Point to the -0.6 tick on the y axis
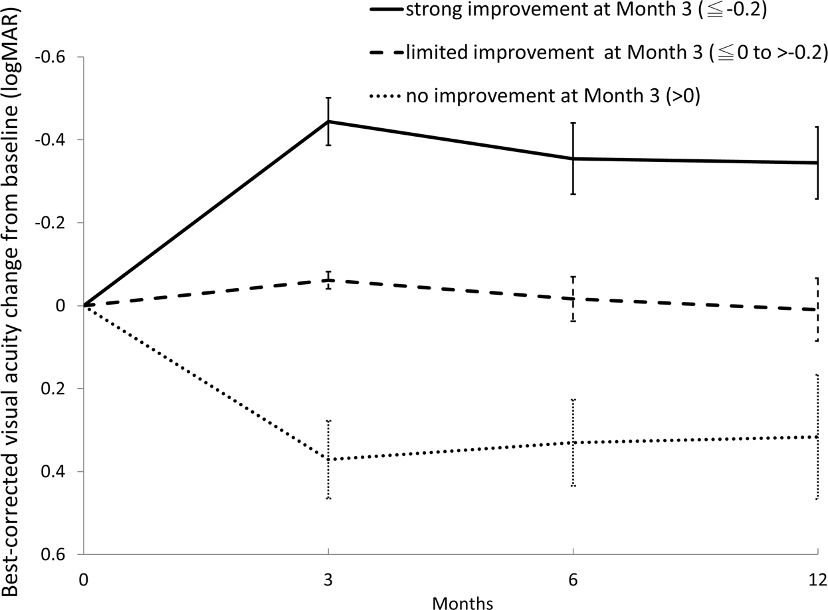coord(62,57)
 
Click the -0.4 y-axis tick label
coord(62,140)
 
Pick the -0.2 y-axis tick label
coord(62,223)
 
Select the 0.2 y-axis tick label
coord(64,388)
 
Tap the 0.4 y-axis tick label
coord(64,472)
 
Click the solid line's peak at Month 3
coord(328,121)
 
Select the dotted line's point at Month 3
coord(328,459)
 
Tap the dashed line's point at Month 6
coord(573,299)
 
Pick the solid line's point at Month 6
coord(573,159)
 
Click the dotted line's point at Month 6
coord(573,442)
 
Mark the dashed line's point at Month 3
coord(328,280)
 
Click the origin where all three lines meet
coord(84,305)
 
